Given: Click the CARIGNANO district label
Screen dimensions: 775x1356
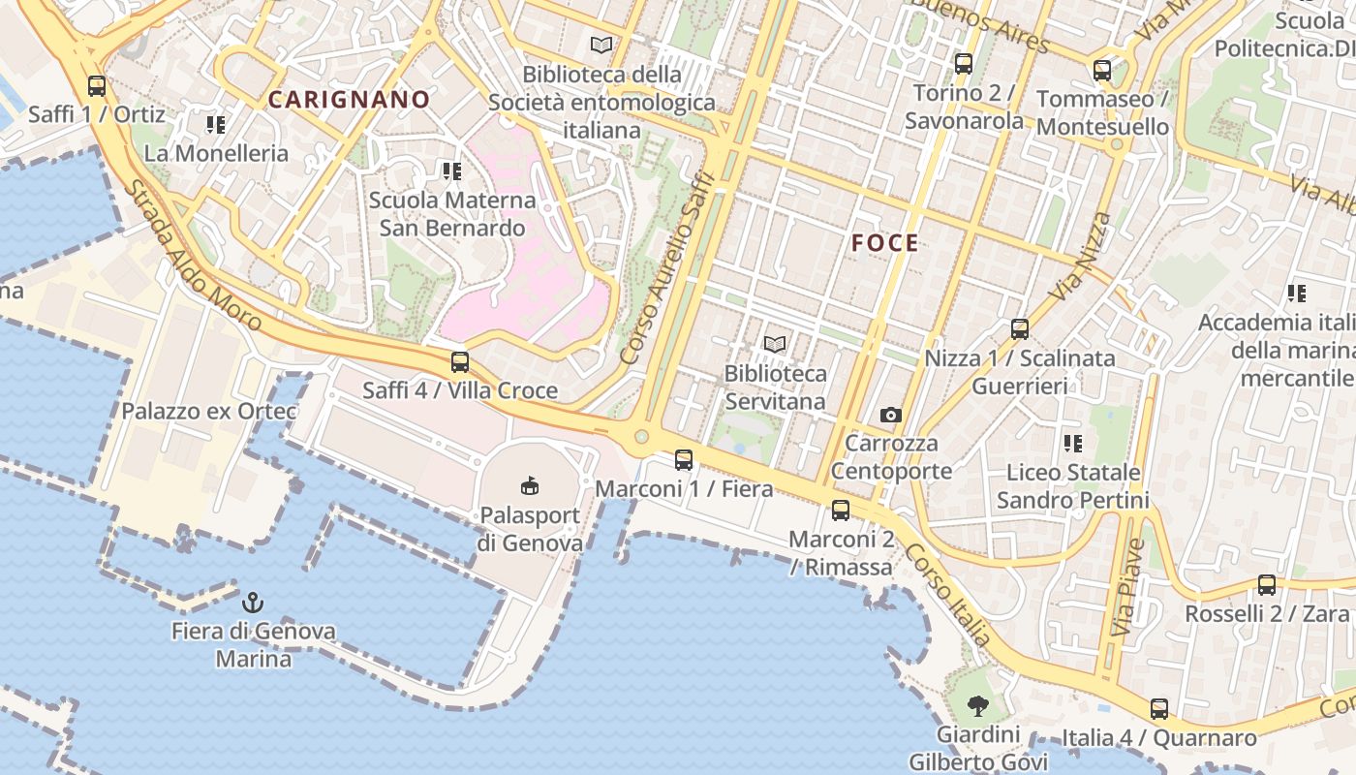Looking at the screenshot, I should click(x=349, y=99).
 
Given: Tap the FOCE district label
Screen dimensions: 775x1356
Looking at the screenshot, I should click(x=885, y=243).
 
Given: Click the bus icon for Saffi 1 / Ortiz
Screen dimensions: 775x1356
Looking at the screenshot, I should click(x=97, y=86).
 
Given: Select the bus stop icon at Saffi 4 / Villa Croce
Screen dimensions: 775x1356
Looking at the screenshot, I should click(x=460, y=363).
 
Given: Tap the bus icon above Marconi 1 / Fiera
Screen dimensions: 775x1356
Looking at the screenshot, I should click(x=684, y=460).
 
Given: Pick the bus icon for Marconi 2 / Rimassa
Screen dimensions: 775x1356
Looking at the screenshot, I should click(x=841, y=511).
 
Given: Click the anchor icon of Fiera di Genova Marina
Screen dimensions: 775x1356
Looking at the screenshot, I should click(x=253, y=603).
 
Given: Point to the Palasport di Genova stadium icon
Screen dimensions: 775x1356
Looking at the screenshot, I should click(x=530, y=485).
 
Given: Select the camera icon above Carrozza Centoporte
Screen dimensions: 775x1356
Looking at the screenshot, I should click(x=891, y=416).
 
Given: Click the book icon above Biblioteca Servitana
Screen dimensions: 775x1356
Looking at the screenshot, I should click(x=775, y=344).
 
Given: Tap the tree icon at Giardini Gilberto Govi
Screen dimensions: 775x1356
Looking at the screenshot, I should click(x=978, y=705).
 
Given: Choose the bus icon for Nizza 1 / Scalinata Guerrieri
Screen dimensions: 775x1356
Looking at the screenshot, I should click(x=1020, y=329).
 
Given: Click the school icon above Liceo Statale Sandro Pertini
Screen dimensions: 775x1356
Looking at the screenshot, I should click(x=1073, y=444).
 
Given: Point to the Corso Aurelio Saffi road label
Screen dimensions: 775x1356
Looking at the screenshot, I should click(x=667, y=269).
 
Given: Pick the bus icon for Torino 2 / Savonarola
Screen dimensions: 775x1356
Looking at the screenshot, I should click(x=964, y=64).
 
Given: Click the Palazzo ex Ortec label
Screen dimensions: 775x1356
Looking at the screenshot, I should click(x=209, y=411).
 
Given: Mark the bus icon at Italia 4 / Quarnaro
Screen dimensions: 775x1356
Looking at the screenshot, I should click(x=1159, y=709).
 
